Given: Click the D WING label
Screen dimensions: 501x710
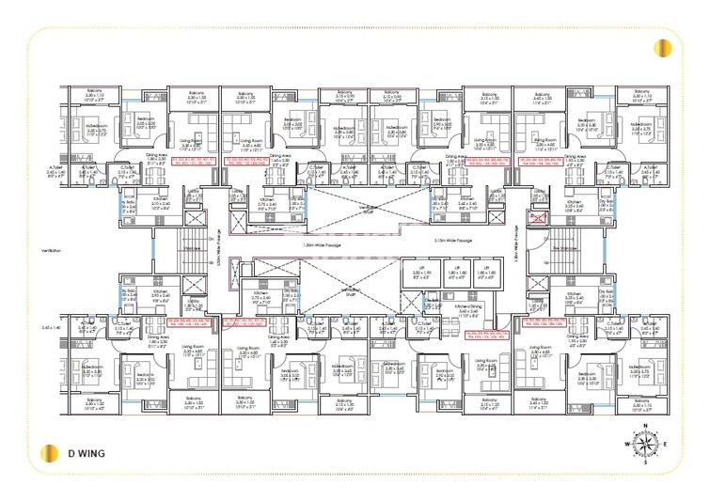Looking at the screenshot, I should click(x=86, y=453).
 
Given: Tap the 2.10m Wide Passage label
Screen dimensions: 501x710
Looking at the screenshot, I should click(x=453, y=242).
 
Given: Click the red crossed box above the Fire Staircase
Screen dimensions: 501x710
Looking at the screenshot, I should click(x=537, y=217).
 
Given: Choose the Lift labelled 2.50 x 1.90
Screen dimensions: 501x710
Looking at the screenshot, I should click(x=418, y=274).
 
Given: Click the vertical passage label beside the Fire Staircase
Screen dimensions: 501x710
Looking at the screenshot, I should click(x=517, y=246).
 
